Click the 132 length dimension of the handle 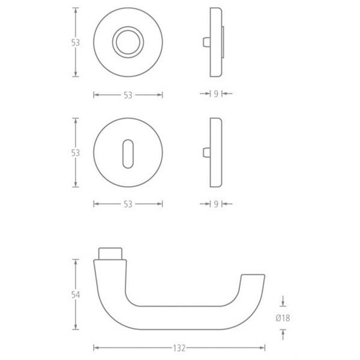[179, 348]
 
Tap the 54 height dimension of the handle [76, 295]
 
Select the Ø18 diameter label [283, 318]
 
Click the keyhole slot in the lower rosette [128, 154]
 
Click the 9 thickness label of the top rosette [216, 94]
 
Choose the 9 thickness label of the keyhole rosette [216, 204]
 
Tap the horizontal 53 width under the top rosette [128, 95]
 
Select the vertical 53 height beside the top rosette [76, 43]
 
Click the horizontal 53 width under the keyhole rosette [128, 204]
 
